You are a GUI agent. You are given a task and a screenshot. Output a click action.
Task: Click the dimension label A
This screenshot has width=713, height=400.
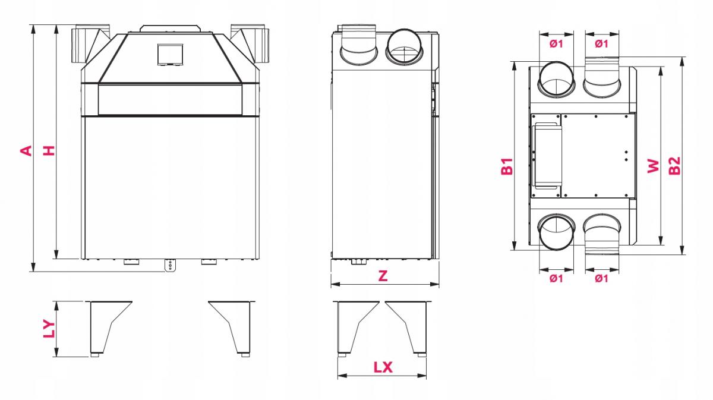(26, 150)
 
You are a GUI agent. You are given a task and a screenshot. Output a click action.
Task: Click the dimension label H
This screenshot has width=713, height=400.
(49, 150)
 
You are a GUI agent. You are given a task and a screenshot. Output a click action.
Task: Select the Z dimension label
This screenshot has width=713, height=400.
(383, 275)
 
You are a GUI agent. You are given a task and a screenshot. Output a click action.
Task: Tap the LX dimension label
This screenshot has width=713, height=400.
(383, 367)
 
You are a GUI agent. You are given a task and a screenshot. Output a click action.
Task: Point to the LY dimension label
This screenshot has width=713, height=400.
(49, 328)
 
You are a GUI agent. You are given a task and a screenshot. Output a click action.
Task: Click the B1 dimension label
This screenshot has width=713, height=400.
(507, 166)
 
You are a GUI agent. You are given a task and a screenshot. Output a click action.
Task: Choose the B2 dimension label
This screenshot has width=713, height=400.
(674, 166)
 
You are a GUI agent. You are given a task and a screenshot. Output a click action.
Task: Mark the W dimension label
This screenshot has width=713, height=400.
(653, 166)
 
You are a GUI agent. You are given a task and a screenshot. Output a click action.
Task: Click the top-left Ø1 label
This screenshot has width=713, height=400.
(556, 43)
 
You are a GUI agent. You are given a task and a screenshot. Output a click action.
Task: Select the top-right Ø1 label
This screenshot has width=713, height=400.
(601, 43)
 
